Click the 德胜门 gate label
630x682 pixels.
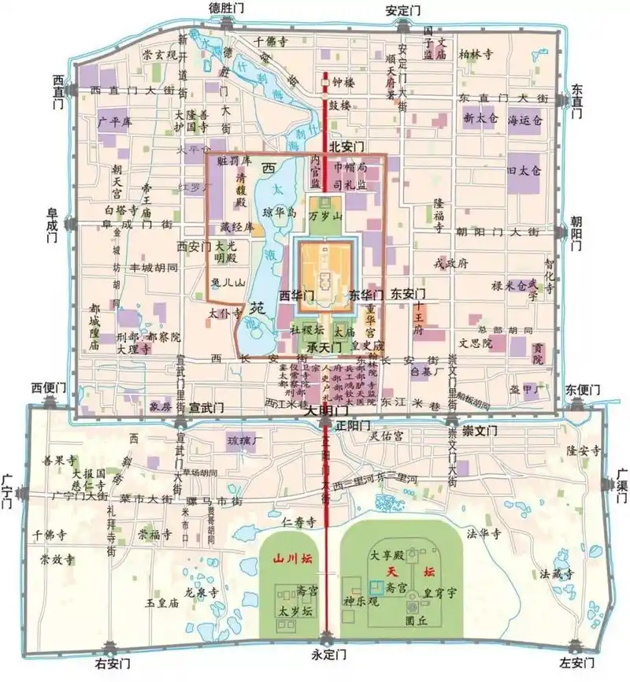point(226,9)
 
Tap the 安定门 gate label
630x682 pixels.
point(402,11)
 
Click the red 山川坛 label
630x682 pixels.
point(287,561)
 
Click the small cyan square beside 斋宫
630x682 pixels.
point(376,587)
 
